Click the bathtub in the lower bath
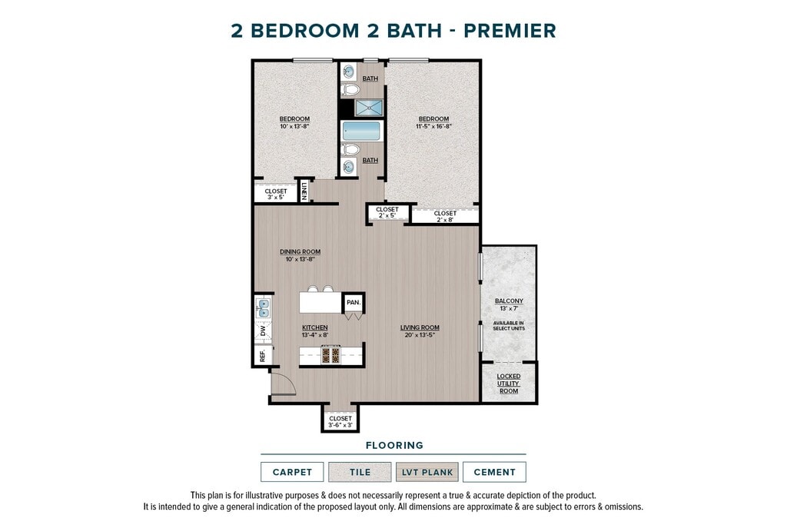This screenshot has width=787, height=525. (361, 131)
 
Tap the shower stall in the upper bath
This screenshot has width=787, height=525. (369, 108)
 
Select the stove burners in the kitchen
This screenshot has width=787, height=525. (330, 355)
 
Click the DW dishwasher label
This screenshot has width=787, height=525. (263, 331)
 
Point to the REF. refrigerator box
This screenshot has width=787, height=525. (263, 355)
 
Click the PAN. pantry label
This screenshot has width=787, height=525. (354, 302)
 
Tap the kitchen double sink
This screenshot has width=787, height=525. (263, 307)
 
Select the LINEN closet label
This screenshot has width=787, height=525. (304, 191)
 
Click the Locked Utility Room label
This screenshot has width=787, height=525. (509, 384)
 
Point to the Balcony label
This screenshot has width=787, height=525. (509, 301)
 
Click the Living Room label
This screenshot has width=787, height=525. (420, 327)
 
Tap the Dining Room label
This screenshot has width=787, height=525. (301, 252)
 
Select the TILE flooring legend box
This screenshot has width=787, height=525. (360, 472)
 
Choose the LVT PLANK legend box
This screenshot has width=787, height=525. (427, 472)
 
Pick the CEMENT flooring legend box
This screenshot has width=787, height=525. (494, 472)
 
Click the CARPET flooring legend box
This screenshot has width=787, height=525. (292, 472)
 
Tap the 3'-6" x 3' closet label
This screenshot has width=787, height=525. (340, 425)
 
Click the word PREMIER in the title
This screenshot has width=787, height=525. (510, 31)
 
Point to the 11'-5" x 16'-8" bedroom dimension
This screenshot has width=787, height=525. (433, 127)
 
